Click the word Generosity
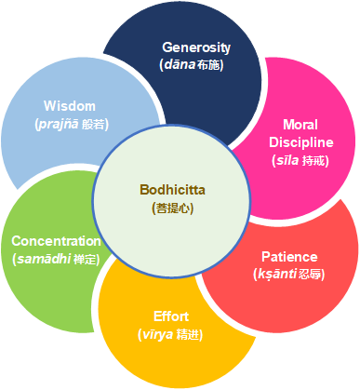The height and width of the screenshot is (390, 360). tap(196, 47)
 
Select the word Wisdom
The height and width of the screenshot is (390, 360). tap(69, 106)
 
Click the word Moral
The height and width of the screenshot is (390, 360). tap(300, 124)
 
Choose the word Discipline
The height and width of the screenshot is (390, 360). tap(300, 141)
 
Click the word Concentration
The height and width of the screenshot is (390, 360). tap(56, 241)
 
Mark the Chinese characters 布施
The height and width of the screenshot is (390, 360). tap(215, 65)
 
